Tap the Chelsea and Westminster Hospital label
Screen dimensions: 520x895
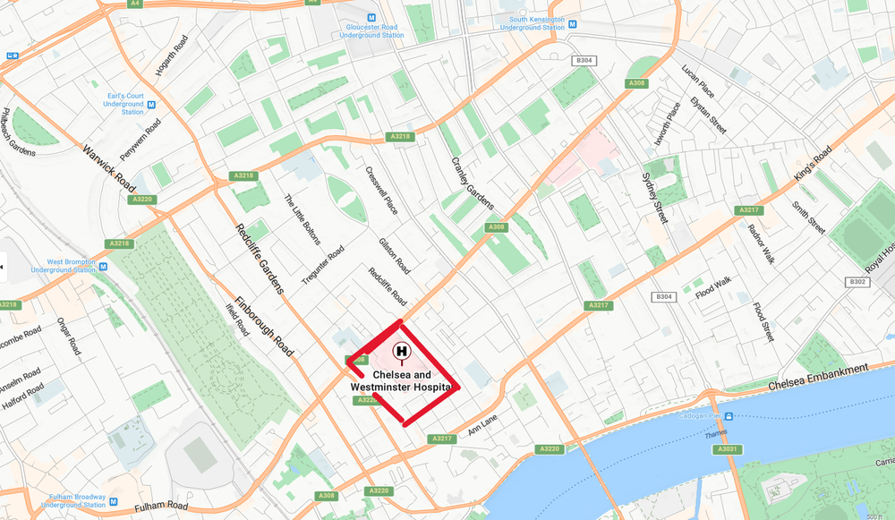click(401, 381)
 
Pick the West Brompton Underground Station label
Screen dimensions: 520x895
click(64, 266)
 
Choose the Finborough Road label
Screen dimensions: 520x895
click(265, 327)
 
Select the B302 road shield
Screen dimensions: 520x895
click(857, 281)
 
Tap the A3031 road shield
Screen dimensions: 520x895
click(727, 449)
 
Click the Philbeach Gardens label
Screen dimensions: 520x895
click(17, 132)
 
